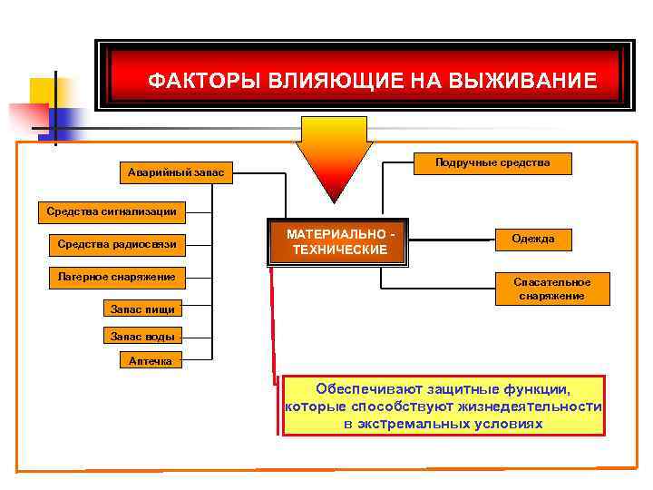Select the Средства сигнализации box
point(112,212)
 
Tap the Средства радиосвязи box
point(116,243)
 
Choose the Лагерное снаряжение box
point(116,276)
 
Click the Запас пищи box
point(142,309)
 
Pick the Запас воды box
point(142,336)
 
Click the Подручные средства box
point(492,162)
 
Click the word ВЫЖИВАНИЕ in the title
point(531,81)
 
